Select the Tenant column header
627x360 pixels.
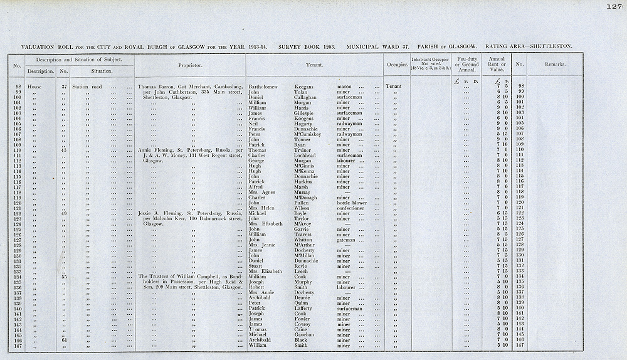tap(314, 64)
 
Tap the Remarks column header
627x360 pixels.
tap(554, 64)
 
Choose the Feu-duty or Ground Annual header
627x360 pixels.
tap(466, 64)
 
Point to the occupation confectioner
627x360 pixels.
tap(353, 208)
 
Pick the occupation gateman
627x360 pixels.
tap(347, 239)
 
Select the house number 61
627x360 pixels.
tap(64, 340)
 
